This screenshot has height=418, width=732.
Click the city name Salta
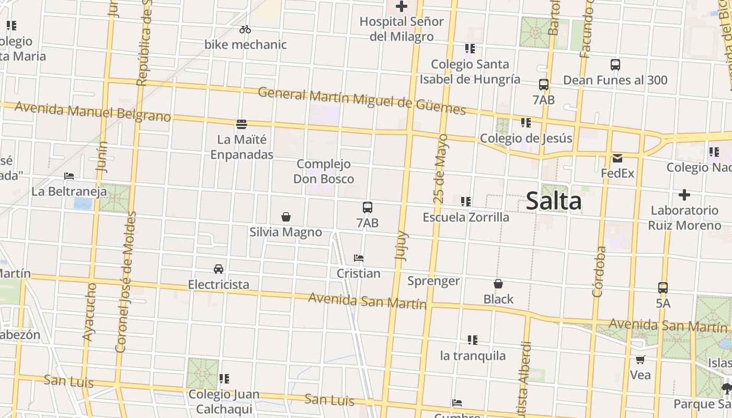[553, 201]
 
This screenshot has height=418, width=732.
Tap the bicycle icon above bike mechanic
[245, 30]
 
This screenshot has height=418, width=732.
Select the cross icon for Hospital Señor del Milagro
[402, 7]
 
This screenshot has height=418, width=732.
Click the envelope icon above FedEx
[617, 158]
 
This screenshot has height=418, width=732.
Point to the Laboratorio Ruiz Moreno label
[684, 218]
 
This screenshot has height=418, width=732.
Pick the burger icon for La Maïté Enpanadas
[242, 124]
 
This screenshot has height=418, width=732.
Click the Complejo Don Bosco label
[324, 171]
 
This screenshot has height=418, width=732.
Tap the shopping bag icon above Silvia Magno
[286, 217]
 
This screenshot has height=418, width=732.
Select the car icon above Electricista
[219, 269]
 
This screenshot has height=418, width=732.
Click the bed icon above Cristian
[359, 258]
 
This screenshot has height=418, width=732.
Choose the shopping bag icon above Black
[498, 284]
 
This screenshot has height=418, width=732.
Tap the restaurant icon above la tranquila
[473, 340]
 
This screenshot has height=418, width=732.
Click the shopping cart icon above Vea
[641, 359]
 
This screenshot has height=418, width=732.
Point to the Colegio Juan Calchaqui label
[224, 401]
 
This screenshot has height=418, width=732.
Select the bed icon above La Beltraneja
[69, 176]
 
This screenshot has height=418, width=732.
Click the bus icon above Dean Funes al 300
[615, 65]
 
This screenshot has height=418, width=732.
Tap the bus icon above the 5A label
[663, 288]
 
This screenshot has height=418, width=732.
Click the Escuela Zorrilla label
[466, 217]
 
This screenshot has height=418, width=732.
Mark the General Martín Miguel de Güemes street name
[362, 100]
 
